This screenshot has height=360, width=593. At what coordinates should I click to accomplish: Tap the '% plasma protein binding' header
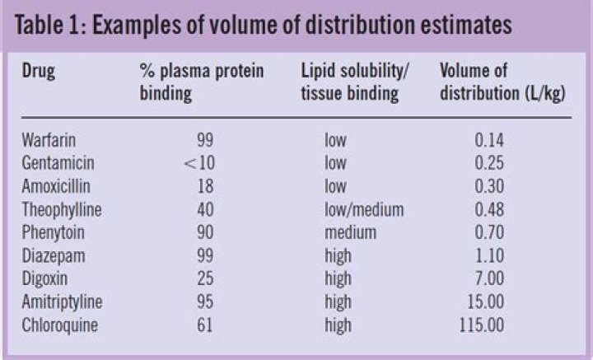click(201, 82)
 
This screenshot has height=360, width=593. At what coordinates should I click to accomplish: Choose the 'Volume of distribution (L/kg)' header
click(502, 82)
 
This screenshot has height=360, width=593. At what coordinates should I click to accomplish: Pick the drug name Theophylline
click(63, 209)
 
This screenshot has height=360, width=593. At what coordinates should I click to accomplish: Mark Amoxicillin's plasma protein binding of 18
click(204, 186)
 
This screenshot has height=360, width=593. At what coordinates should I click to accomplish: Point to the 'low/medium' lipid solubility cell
click(363, 209)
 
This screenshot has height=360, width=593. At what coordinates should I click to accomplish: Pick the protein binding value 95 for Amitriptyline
click(204, 302)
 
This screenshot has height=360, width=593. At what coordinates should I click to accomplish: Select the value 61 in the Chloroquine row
click(204, 325)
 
